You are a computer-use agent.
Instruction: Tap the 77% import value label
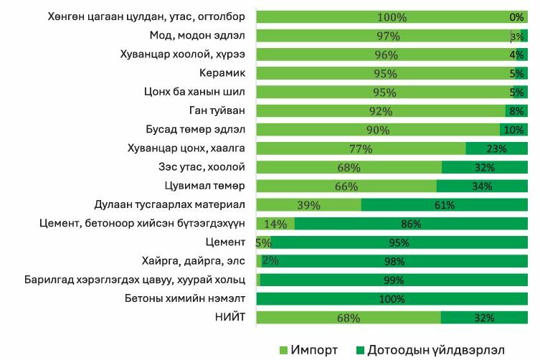pos(361,149)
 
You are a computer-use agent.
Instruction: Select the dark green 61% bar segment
pos(444,205)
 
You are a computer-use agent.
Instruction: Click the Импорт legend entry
pos(308,350)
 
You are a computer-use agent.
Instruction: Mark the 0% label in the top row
pos(516,17)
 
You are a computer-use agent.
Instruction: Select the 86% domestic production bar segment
pos(411,224)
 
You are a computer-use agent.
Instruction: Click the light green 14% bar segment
pos(275,224)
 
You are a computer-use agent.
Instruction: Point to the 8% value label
pos(516,111)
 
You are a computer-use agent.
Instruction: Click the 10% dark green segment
pos(513,130)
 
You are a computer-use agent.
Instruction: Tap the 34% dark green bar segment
pos(482,186)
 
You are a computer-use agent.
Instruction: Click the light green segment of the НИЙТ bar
pos(349,318)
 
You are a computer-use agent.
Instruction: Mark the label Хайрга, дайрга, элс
pos(195,261)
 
